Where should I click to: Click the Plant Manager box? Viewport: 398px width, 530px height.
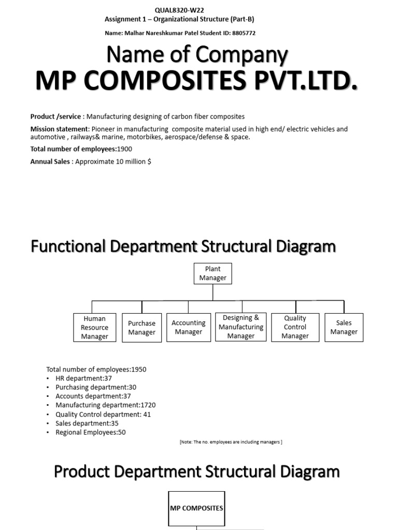click(213, 273)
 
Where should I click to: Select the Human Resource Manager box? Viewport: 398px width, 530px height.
click(94, 328)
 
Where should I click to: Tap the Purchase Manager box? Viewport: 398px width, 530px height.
click(141, 328)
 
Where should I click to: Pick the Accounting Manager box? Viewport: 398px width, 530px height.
click(189, 327)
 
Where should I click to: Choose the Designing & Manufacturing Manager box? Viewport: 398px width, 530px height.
click(241, 327)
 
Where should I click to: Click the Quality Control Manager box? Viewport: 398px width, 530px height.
click(295, 327)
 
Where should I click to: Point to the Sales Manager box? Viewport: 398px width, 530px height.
click(344, 327)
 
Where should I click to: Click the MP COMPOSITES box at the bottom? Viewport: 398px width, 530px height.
click(197, 508)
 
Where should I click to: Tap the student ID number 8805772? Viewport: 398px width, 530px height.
click(241, 33)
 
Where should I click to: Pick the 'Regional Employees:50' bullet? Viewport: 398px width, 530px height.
click(91, 432)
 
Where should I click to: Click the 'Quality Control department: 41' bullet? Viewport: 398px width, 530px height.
click(103, 414)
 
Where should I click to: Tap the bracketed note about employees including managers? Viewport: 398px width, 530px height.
click(231, 442)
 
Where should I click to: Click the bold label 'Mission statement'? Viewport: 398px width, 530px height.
click(60, 129)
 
